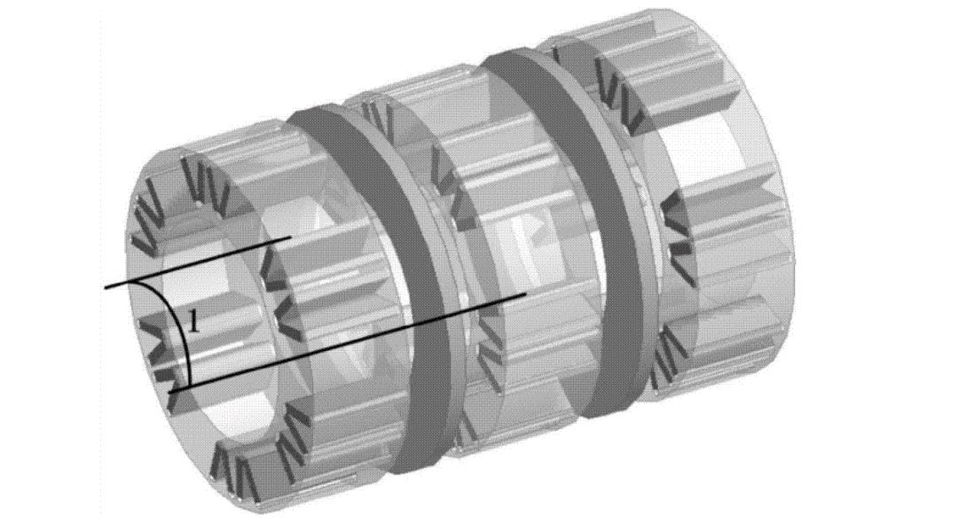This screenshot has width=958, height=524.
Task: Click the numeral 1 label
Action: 193,321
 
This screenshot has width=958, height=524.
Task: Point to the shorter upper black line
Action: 200,262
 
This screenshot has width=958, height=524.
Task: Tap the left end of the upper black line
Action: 106,287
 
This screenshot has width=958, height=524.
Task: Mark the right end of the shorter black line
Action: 292,239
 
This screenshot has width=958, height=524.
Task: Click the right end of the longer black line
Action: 525,293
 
